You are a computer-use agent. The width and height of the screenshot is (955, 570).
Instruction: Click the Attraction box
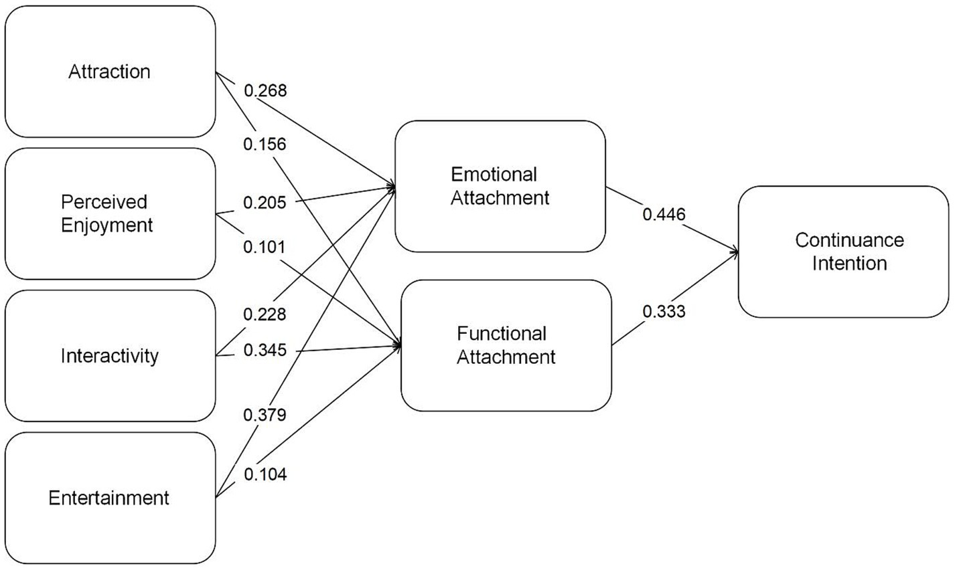(x=110, y=72)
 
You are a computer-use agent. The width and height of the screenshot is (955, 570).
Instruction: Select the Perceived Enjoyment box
(x=110, y=213)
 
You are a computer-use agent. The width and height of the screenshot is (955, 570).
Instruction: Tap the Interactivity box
(x=110, y=355)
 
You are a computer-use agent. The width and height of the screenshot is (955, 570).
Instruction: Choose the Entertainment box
(x=110, y=498)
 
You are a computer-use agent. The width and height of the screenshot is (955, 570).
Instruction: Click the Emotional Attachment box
(x=500, y=187)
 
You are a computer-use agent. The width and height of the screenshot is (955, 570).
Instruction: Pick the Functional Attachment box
(x=506, y=345)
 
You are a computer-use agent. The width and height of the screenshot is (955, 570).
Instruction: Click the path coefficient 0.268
(x=266, y=91)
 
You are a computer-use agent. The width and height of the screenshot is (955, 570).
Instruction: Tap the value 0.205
(x=266, y=201)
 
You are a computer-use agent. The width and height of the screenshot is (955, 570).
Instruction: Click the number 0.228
(x=266, y=314)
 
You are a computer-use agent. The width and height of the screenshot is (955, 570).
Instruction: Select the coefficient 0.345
(x=266, y=349)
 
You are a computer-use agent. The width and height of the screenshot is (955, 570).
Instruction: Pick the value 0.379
(x=266, y=415)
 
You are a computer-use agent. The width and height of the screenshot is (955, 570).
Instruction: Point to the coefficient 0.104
(x=266, y=474)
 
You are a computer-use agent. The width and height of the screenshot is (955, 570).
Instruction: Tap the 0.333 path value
(x=664, y=311)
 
